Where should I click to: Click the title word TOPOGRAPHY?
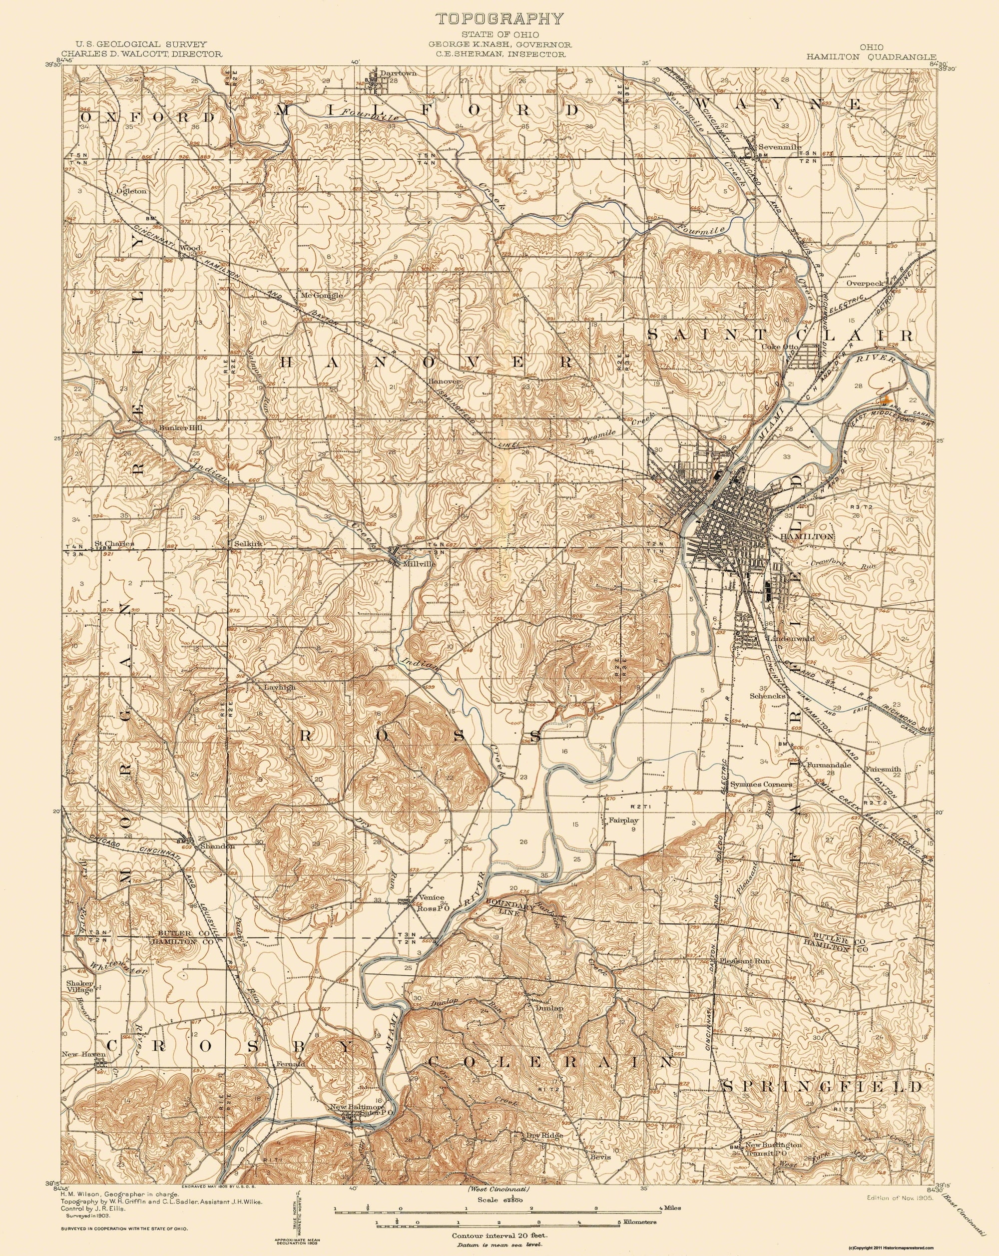500,18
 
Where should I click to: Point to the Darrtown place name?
393,74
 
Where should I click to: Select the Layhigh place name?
280,687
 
